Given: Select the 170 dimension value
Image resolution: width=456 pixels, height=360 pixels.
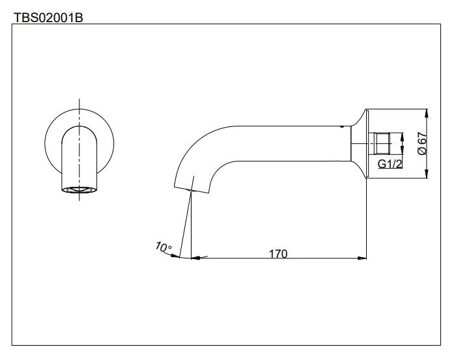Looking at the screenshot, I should pos(278,253).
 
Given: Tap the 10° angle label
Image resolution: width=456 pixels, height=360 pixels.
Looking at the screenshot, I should pos(164,247).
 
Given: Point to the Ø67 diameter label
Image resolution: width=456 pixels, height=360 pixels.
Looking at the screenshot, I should pos(421,143).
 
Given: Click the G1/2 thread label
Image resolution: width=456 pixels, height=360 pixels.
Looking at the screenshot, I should pos(390,164).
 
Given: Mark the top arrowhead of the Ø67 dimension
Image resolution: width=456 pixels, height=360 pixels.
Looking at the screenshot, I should pos(426,111).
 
